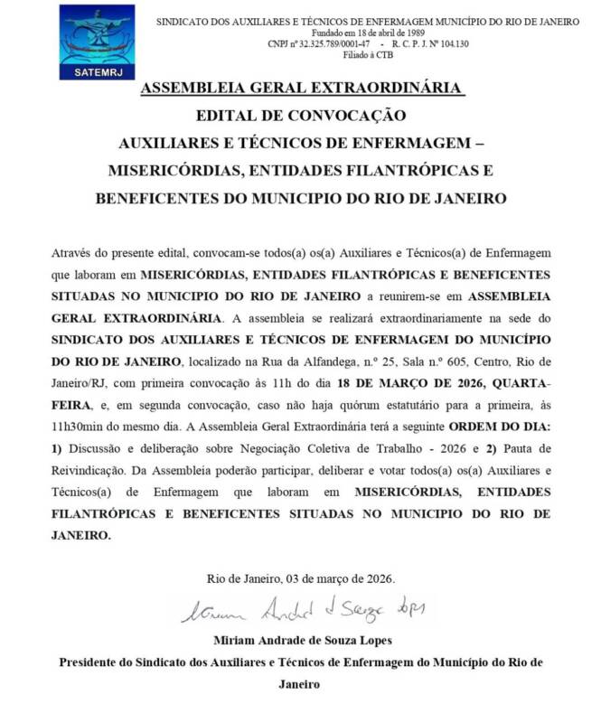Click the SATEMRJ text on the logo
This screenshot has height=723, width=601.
click(96, 71)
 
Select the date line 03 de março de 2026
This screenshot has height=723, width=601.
click(340, 578)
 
